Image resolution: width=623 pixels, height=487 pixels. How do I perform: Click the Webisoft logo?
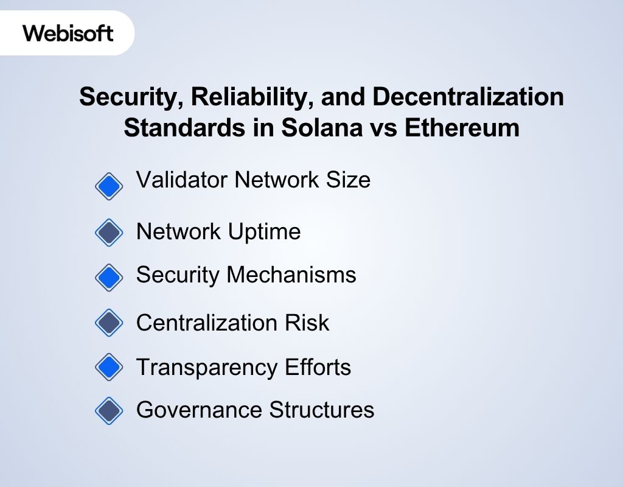click(68, 32)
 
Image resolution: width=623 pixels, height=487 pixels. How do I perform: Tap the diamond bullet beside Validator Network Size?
click(109, 186)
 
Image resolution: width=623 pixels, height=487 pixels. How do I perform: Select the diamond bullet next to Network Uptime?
click(109, 233)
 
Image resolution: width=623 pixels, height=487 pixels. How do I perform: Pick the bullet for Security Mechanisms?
click(109, 277)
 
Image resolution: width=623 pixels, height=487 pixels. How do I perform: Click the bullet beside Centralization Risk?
click(109, 323)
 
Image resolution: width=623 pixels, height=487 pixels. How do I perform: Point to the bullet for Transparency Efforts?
click(109, 367)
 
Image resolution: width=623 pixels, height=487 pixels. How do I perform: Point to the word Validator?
click(180, 180)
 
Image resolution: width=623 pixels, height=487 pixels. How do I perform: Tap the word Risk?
click(308, 322)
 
